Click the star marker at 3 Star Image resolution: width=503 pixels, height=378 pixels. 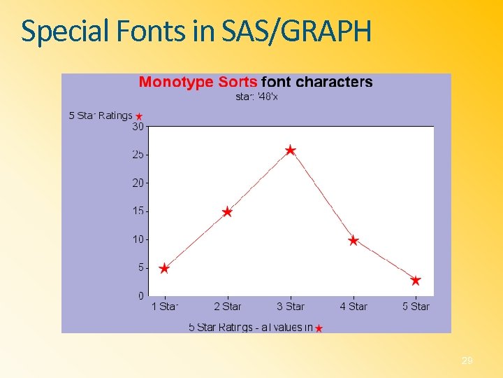coord(291,150)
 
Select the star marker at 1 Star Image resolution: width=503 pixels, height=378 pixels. coord(164,268)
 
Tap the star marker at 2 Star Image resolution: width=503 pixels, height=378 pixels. coord(227,211)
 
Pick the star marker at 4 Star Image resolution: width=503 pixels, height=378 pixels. coord(353,240)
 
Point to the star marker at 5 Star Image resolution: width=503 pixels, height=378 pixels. coord(416,280)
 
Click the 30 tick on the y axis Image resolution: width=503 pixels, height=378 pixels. coord(138,127)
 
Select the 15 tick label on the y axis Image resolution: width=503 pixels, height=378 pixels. coord(138,211)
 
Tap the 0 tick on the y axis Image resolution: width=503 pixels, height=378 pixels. coord(140,296)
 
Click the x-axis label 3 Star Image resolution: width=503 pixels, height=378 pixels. coord(291,307)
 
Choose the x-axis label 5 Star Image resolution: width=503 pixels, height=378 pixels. coord(416,307)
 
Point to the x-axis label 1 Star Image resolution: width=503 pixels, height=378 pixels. coord(165,307)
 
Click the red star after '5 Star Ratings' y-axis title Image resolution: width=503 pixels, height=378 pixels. coord(139,116)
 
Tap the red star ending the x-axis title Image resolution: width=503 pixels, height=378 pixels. coord(319,328)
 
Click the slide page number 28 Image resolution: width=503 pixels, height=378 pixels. coord(467,360)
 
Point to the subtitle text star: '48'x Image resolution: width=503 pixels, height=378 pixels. coord(256,97)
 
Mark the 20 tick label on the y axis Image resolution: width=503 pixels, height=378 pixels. coord(138,183)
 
